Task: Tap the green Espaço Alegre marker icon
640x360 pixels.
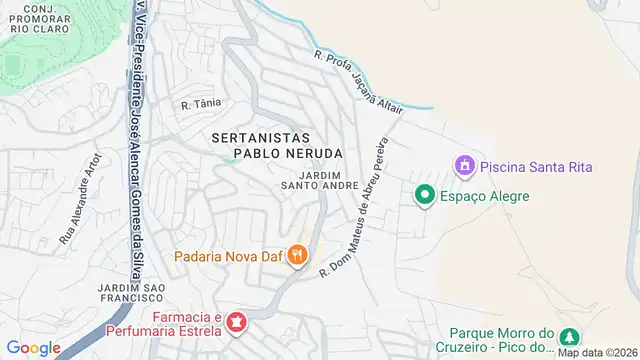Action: tap(424, 196)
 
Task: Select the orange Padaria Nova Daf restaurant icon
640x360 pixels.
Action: tap(297, 257)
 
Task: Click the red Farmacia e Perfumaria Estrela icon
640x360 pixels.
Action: tap(236, 323)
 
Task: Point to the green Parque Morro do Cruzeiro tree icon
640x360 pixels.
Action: tap(569, 337)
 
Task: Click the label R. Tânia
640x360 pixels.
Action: tap(200, 103)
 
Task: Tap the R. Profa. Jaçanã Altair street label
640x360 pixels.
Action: tap(357, 79)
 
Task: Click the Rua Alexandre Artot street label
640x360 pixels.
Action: tap(81, 199)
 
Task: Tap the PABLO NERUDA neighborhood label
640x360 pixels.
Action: tap(288, 153)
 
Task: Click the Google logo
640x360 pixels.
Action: tap(33, 347)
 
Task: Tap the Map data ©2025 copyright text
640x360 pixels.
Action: tap(598, 352)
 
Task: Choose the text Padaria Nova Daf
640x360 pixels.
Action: tap(227, 257)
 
